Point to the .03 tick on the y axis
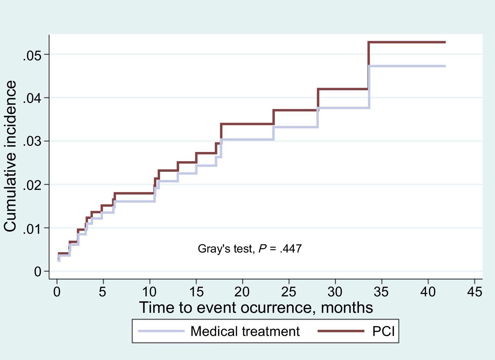32,142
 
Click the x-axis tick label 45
475,292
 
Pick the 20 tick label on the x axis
242,292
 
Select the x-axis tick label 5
103,292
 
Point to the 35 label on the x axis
381,292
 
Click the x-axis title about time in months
256,308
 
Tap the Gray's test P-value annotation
249,249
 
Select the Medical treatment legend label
245,331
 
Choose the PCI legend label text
383,331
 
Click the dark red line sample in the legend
341,331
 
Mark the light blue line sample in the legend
161,331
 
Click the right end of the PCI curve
445,42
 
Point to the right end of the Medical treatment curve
445,66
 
